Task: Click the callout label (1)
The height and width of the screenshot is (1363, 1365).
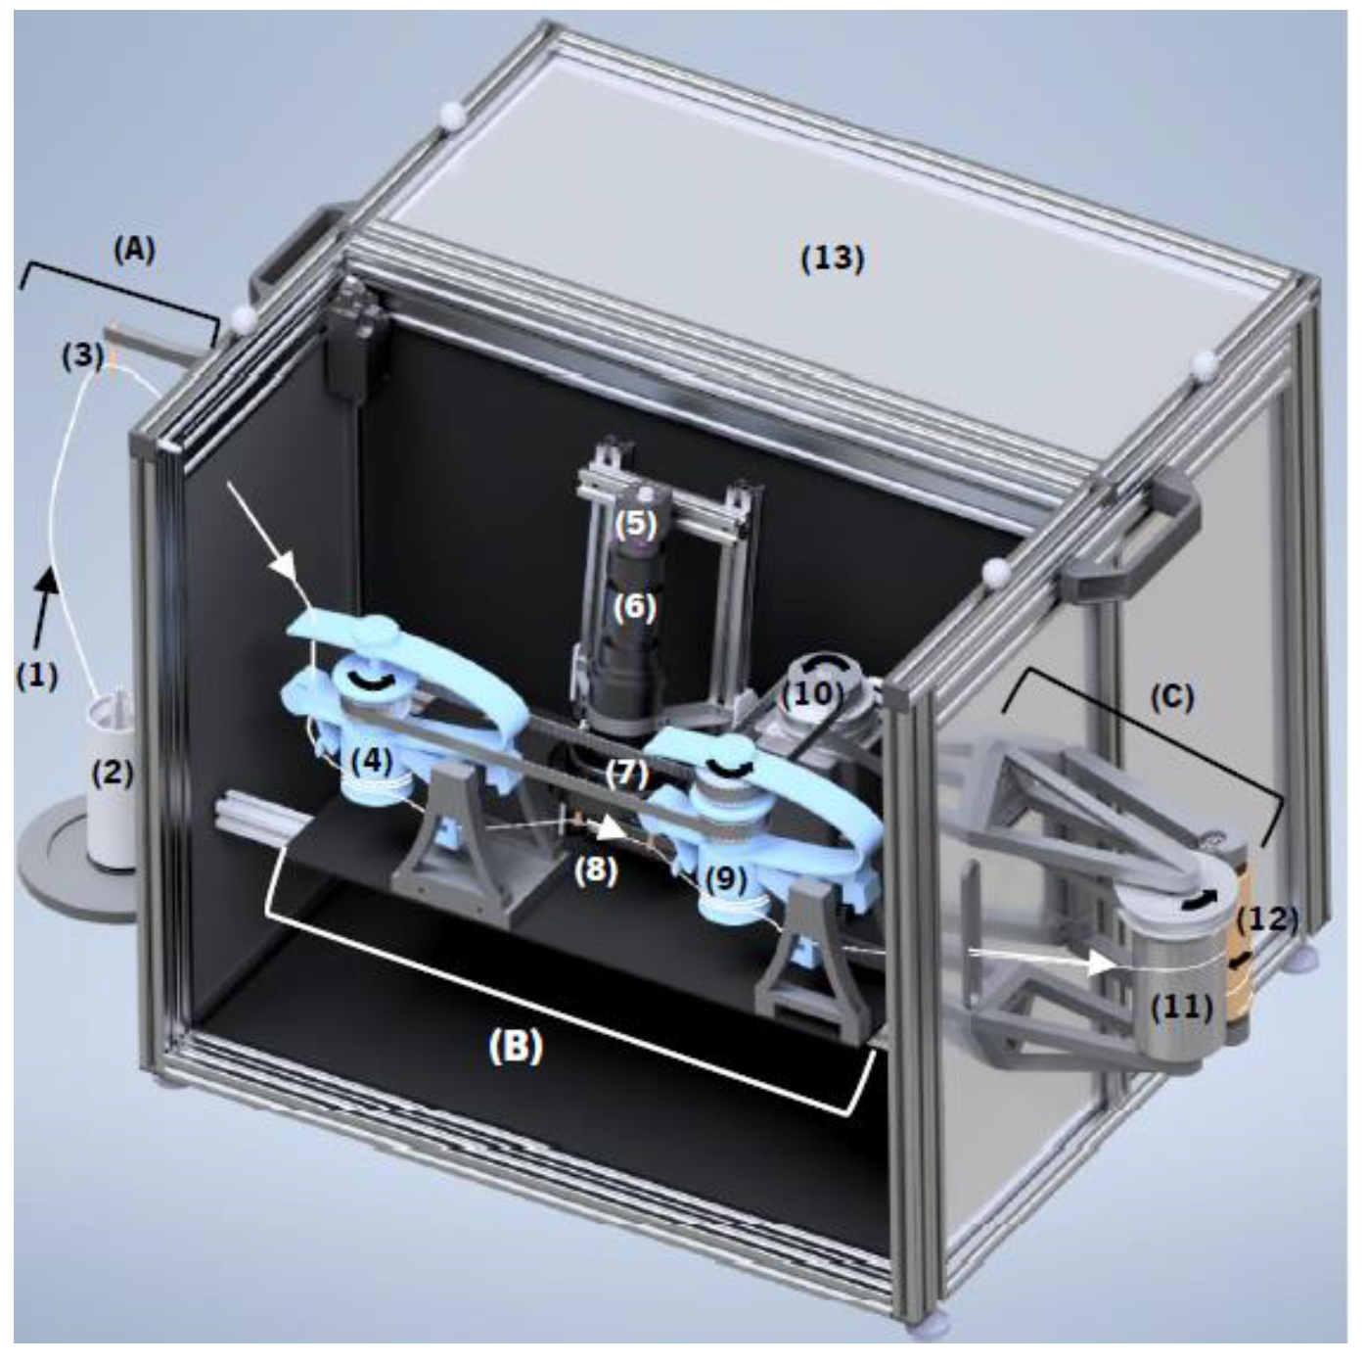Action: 37,675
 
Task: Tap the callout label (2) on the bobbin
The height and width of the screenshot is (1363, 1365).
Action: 112,773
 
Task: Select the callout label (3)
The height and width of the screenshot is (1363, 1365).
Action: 82,354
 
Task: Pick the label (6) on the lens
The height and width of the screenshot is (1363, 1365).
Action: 635,608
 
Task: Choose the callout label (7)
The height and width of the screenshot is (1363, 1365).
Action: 626,775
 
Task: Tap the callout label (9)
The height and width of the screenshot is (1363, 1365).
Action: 725,878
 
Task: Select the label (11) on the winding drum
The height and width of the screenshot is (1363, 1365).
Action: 1182,1006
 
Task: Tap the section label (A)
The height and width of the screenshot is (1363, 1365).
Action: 133,250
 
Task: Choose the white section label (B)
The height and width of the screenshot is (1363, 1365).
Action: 516,1047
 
